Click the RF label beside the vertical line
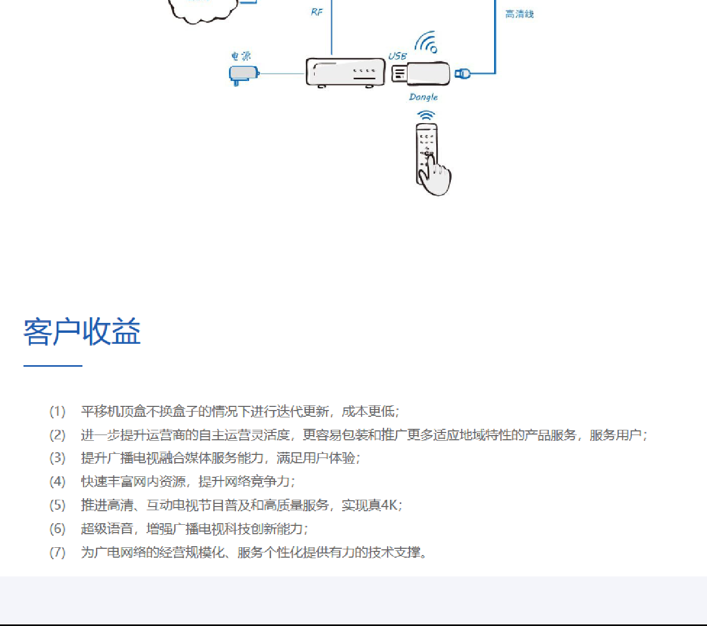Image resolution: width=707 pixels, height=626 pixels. point(317,12)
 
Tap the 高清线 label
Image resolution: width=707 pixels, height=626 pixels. point(520,14)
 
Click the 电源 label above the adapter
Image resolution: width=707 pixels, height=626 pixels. point(241,56)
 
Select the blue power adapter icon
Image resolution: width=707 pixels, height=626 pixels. point(244,75)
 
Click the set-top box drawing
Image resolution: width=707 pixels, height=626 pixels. point(345,73)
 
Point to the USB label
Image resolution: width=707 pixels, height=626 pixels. point(398,56)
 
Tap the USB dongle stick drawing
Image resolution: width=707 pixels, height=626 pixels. point(421,73)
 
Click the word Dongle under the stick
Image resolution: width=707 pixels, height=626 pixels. point(423,97)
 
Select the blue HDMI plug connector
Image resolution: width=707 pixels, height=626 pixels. point(462,74)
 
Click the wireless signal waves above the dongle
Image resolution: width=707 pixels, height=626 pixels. point(426,42)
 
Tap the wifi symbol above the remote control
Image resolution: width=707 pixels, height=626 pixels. point(426,115)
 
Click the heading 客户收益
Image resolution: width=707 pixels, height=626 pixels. point(82,331)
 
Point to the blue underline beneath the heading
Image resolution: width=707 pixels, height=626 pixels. point(53,366)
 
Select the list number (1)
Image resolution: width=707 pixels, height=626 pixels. point(57,412)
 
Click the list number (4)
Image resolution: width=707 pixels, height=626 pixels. point(57,481)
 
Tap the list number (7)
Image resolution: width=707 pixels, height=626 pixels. point(57,552)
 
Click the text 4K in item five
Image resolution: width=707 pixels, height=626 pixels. point(388,505)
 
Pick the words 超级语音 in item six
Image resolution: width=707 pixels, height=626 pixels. point(107,528)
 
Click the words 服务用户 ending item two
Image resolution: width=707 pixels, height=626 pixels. point(615,435)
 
